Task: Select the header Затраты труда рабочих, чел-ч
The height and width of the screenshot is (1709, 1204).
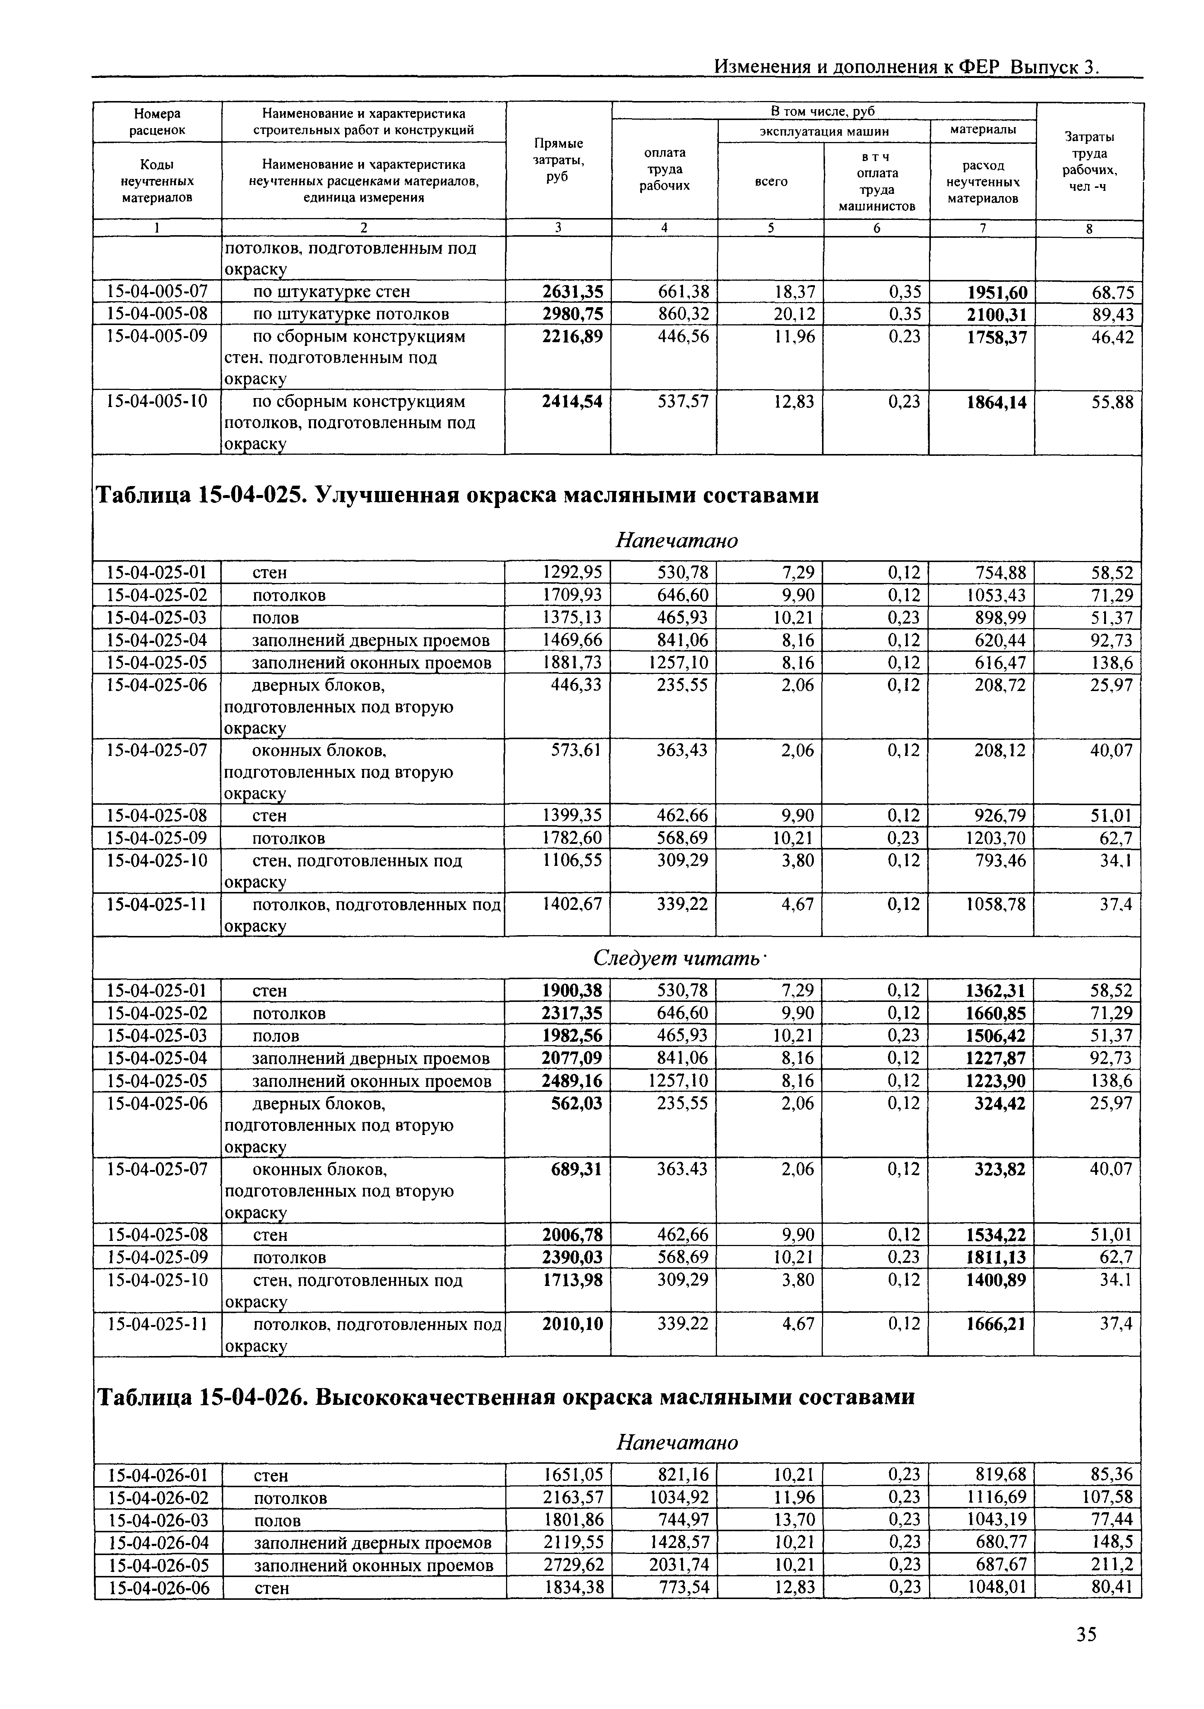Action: [x=1089, y=161]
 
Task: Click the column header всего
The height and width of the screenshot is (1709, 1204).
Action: [x=771, y=182]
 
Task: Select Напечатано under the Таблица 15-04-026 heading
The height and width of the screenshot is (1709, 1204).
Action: [x=677, y=1442]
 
